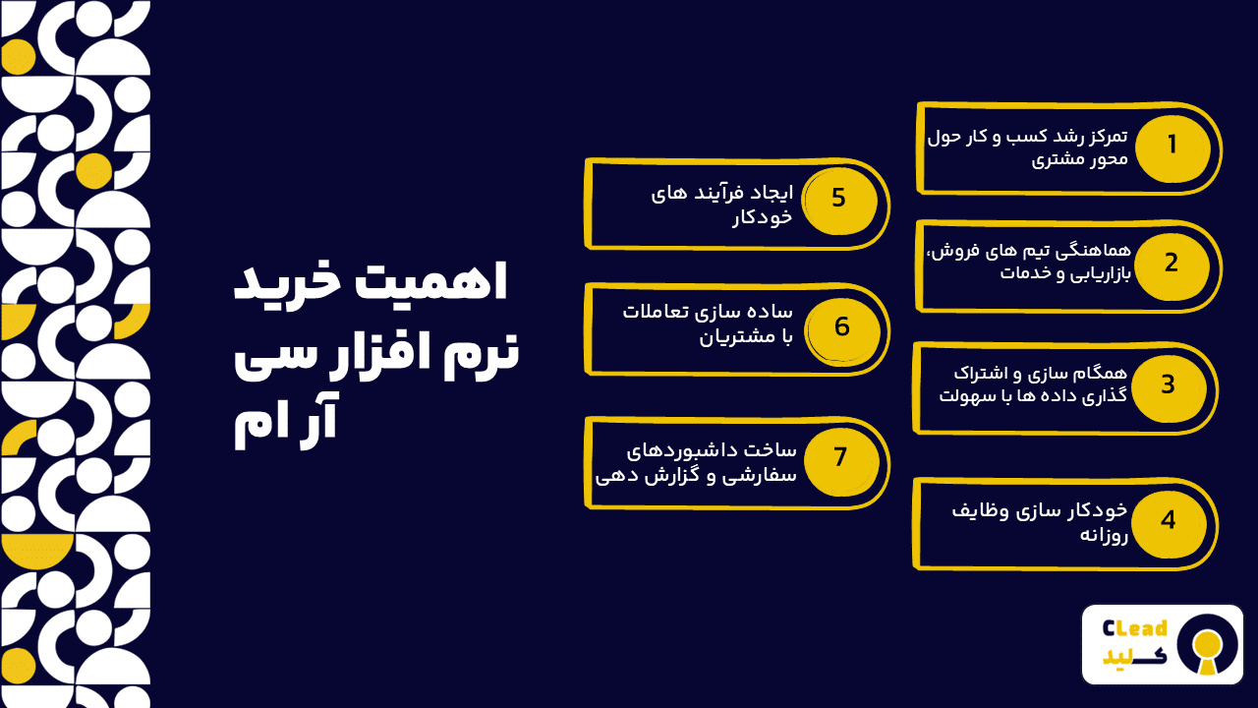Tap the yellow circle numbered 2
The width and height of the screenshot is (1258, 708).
pos(1171,264)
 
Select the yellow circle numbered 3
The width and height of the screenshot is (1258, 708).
pos(1168,385)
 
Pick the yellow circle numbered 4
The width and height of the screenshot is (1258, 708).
pos(1168,520)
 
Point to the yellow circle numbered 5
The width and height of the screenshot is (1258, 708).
pos(837,199)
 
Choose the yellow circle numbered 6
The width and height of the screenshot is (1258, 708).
pos(841,327)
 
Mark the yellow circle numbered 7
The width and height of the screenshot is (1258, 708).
pos(839,457)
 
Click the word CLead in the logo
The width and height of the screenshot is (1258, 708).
pos(1135,628)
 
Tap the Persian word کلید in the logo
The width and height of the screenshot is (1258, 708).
pos(1135,658)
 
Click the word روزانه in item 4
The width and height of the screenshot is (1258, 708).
pos(1105,535)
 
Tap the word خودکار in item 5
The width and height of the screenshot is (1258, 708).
pos(762,216)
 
